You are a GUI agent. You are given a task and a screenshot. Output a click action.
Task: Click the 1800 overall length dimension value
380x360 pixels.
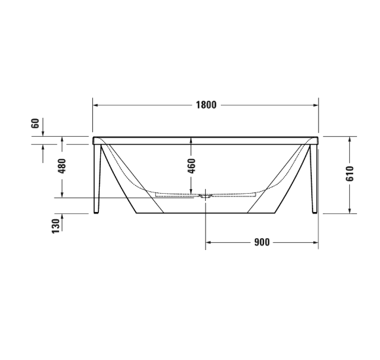point(206,105)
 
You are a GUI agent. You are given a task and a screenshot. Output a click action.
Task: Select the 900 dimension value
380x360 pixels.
point(261,242)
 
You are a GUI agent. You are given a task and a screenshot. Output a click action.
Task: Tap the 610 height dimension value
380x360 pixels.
point(350,173)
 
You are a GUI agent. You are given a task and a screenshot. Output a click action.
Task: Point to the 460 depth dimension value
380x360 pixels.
point(191,168)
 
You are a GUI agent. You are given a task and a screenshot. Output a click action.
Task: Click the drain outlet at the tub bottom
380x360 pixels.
point(206,195)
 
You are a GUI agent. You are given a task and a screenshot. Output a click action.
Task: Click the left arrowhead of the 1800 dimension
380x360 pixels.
point(96,105)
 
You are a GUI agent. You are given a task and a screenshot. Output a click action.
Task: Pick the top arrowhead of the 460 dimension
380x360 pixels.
point(191,140)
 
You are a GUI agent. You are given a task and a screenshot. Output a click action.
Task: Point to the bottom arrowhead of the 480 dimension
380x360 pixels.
point(63,195)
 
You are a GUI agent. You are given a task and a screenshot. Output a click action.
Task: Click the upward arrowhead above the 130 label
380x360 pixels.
point(63,217)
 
